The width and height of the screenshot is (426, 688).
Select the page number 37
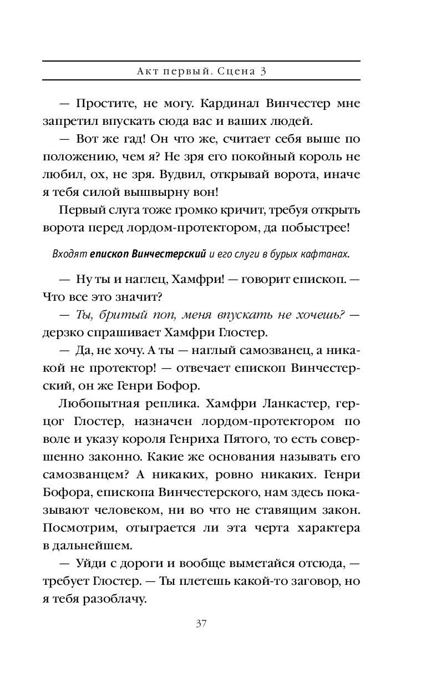[201, 623]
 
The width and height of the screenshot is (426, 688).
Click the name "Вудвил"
[180, 174]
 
